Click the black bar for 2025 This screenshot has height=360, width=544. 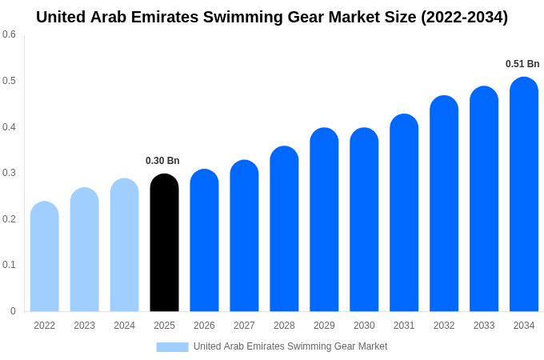[164, 243]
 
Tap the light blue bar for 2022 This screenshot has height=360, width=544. [45, 257]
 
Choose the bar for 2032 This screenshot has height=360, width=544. [444, 204]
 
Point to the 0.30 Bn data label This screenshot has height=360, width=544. [162, 161]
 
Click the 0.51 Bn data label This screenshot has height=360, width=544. [522, 64]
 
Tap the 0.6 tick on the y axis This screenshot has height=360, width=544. [9, 34]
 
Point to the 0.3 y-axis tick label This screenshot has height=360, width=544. [9, 173]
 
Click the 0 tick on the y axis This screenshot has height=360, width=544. [13, 311]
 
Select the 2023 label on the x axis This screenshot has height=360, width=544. [84, 326]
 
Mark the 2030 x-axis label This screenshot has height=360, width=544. [364, 326]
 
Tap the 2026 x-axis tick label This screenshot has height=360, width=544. [204, 326]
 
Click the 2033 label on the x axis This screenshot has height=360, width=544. [484, 326]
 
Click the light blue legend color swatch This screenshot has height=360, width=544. [172, 347]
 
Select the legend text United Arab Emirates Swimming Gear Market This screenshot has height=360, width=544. [290, 346]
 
